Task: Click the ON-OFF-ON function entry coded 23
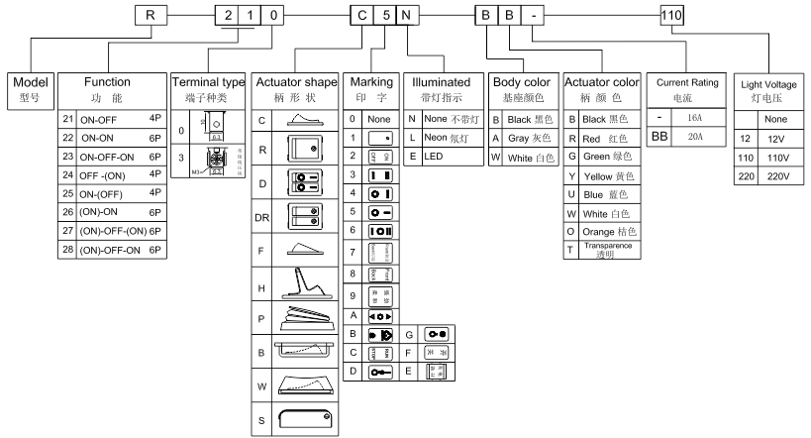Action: click(112, 155)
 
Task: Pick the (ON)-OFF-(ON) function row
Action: click(112, 229)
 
